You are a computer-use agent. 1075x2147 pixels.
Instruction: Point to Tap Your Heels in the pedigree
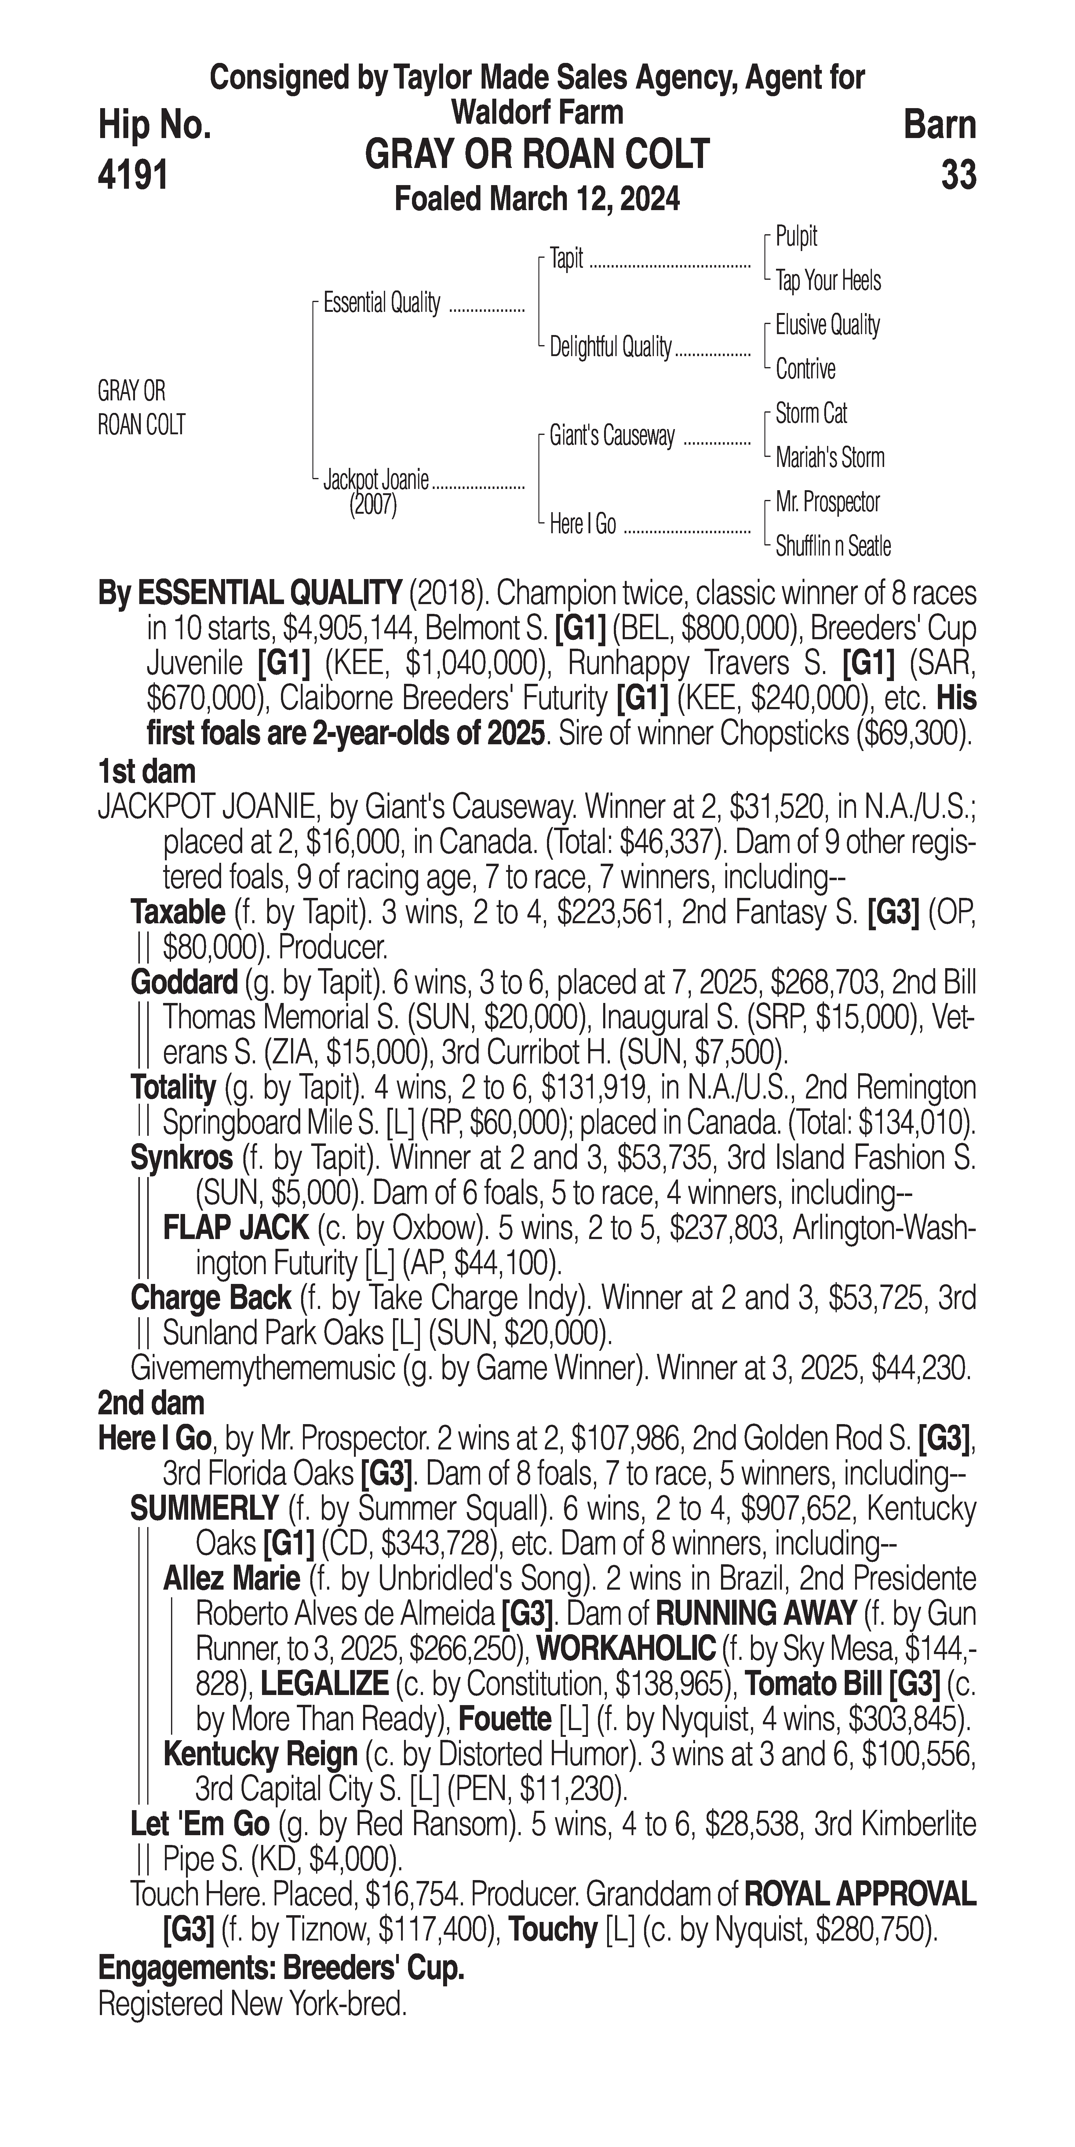click(828, 281)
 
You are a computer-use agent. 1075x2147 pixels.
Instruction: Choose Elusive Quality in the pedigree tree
click(827, 325)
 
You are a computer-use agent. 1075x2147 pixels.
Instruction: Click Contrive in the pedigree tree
click(805, 369)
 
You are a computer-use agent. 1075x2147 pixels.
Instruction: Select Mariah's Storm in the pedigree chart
click(829, 457)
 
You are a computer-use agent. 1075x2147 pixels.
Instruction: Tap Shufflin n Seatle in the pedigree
click(833, 547)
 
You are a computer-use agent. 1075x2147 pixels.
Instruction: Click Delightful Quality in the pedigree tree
click(610, 348)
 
